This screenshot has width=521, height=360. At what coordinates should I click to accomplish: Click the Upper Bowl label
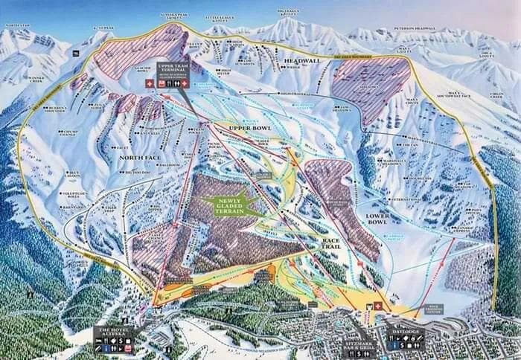tap(249, 128)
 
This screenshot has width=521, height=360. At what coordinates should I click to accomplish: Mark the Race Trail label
tap(331, 245)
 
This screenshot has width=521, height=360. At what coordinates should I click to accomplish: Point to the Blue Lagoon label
tap(74, 173)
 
